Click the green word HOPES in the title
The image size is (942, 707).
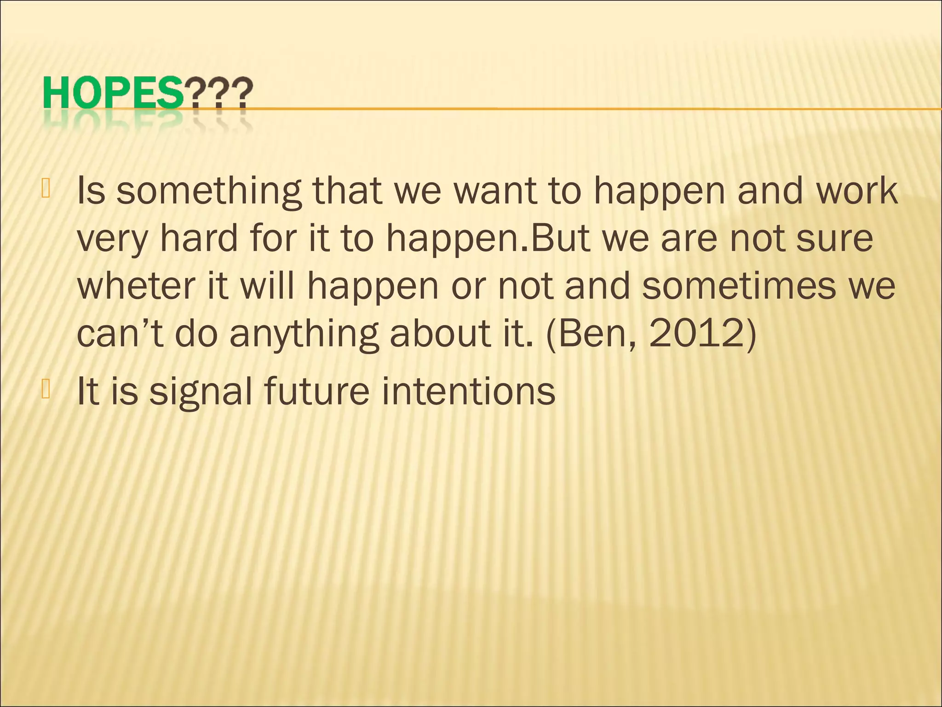point(113,93)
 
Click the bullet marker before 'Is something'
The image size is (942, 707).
point(45,189)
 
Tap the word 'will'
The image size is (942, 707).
point(267,286)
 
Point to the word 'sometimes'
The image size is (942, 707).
point(738,286)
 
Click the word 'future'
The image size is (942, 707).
point(317,391)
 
